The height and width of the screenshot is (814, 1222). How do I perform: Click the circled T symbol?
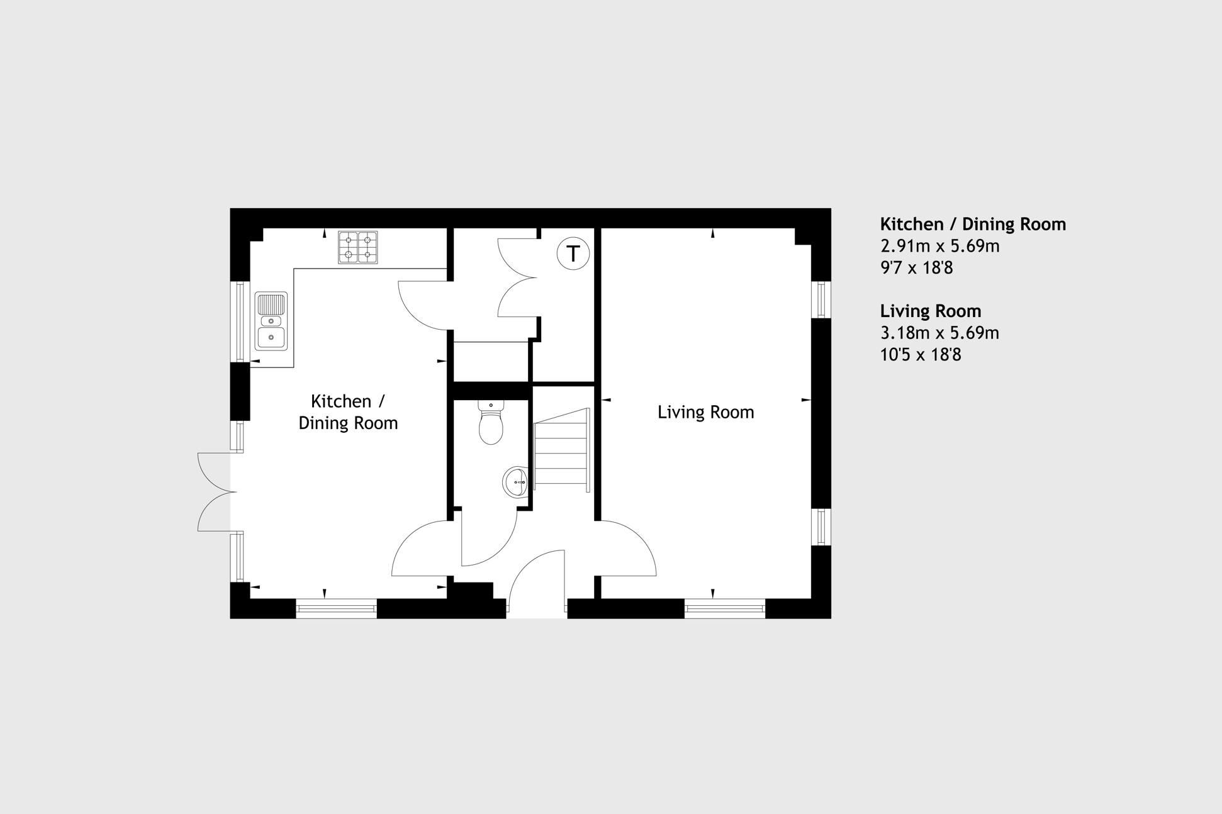(x=573, y=254)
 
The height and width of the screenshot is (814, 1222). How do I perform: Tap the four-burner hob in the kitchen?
(x=358, y=247)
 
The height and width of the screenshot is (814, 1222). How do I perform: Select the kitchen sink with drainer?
(x=271, y=321)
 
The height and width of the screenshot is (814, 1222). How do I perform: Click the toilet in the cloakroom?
(x=491, y=422)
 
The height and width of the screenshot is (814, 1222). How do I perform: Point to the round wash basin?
(x=515, y=482)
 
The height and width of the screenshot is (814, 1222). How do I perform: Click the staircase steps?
(x=561, y=450)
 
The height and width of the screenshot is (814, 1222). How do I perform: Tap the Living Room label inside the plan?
(x=705, y=412)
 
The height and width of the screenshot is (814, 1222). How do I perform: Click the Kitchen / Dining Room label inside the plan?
(x=348, y=412)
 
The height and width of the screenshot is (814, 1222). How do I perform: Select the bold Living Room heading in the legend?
(x=931, y=311)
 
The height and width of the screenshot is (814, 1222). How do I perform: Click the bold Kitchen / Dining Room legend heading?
(x=973, y=225)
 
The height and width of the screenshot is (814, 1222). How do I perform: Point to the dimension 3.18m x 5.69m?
(x=939, y=333)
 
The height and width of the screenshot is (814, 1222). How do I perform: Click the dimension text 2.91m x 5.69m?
(x=939, y=246)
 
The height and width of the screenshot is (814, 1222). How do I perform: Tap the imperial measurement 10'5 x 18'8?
(x=921, y=355)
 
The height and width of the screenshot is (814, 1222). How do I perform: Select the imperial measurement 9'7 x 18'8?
(x=916, y=268)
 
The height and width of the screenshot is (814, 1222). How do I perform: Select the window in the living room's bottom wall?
(x=725, y=608)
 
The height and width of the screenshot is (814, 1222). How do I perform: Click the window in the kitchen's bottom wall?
(x=336, y=608)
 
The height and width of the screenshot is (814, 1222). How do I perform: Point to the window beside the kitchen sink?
(x=240, y=321)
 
